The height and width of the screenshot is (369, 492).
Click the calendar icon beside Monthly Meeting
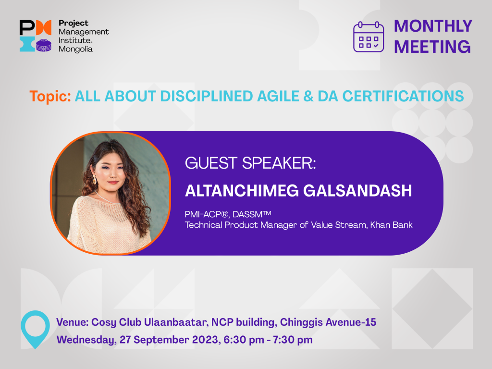369,37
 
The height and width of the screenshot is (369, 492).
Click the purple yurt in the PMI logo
44,45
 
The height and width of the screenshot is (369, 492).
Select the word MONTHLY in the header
433,26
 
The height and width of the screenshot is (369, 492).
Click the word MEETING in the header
432,47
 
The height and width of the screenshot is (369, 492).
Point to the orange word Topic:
50,96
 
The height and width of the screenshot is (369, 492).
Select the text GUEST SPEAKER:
250,163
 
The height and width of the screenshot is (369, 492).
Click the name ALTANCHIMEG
242,191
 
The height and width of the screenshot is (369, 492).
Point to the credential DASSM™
252,214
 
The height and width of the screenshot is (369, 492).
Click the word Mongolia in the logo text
75,49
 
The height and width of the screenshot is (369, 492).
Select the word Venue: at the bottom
72,322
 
